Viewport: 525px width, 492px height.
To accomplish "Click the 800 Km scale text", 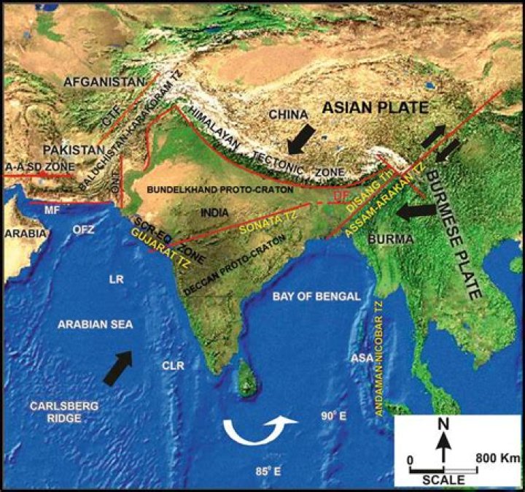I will (x=494, y=458).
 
